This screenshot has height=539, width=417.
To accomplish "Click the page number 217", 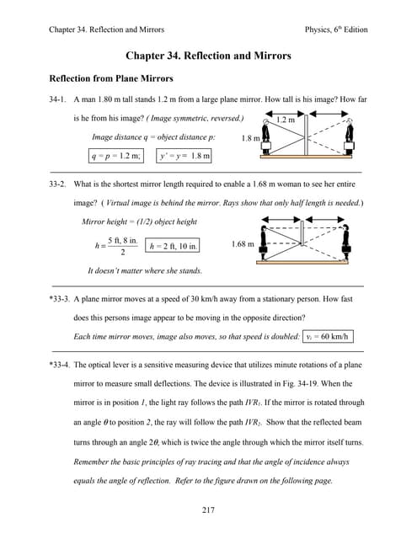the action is click(x=208, y=510).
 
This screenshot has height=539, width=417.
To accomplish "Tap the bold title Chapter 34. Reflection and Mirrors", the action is click(x=208, y=56).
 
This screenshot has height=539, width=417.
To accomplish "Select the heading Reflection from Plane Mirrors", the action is click(x=111, y=78).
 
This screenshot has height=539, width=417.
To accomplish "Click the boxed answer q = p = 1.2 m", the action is click(x=116, y=156).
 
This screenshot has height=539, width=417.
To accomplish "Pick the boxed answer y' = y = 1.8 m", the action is click(x=184, y=156).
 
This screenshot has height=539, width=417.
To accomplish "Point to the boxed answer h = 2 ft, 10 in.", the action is click(x=172, y=246).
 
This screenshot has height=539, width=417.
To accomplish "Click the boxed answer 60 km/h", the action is click(x=328, y=337).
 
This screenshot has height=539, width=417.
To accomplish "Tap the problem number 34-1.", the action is click(x=57, y=99).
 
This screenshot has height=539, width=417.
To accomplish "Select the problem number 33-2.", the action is click(x=57, y=184).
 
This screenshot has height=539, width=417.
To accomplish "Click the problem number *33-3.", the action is click(x=60, y=299).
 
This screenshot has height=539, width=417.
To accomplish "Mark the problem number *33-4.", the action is click(x=60, y=365).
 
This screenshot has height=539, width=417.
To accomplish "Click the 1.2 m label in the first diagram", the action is click(x=286, y=120).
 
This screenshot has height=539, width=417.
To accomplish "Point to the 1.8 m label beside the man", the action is click(x=251, y=138).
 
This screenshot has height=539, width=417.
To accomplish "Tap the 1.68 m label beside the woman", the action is click(x=243, y=244).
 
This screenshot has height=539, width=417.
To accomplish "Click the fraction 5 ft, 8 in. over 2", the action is click(x=123, y=246).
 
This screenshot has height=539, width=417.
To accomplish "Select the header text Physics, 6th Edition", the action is click(x=336, y=29).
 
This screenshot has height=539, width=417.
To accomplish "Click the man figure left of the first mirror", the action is click(x=265, y=136).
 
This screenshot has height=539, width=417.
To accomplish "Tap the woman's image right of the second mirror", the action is click(x=346, y=242).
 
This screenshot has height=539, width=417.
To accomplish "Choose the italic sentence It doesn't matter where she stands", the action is click(x=145, y=271).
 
